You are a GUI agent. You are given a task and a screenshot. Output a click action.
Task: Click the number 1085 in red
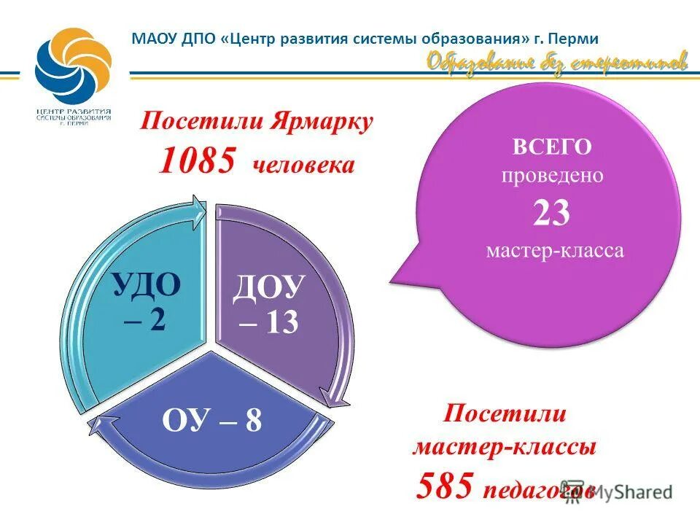coord(197,160)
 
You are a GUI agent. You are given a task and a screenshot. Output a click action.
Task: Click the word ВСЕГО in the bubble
coord(551,147)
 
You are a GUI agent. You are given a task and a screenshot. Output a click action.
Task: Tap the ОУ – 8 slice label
coord(213,421)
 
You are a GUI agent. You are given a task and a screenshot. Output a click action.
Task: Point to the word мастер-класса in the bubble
coord(555,252)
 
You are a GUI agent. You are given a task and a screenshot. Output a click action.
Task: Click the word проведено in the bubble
coord(551,176)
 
